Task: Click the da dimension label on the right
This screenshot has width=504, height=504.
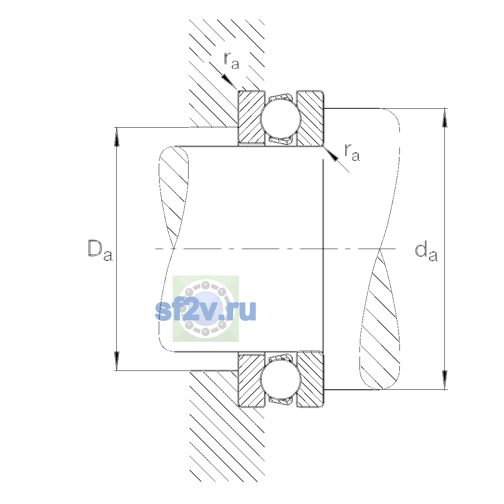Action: tap(426, 253)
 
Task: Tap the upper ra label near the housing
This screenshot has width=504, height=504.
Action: tap(231, 61)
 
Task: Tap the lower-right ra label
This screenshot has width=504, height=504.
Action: tap(352, 152)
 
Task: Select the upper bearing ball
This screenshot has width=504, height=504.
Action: tap(281, 118)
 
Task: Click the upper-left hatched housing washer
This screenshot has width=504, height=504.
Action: tap(251, 118)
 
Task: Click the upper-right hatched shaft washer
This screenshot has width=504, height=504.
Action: tap(310, 118)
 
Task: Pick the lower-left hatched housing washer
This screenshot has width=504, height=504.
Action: tap(251, 379)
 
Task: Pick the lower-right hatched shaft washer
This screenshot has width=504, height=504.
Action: tap(310, 379)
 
